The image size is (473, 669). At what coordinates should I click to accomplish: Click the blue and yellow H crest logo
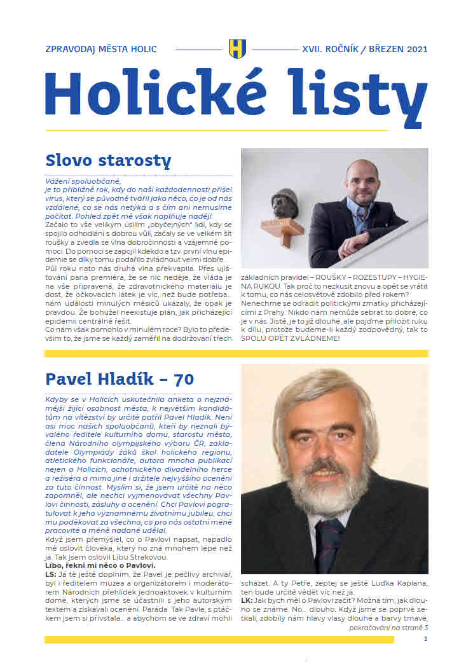(236, 49)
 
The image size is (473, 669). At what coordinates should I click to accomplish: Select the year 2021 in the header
(413, 49)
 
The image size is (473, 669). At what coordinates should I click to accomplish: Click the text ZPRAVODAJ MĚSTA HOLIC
(101, 49)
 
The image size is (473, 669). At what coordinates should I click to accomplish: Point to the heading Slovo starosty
(108, 160)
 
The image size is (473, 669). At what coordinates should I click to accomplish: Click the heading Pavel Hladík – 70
(120, 380)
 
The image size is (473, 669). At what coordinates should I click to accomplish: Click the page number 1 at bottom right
(425, 639)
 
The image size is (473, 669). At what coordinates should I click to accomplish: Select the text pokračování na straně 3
(388, 627)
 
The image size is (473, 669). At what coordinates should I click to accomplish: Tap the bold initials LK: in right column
(247, 600)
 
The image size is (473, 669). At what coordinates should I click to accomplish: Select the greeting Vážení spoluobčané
(80, 181)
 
